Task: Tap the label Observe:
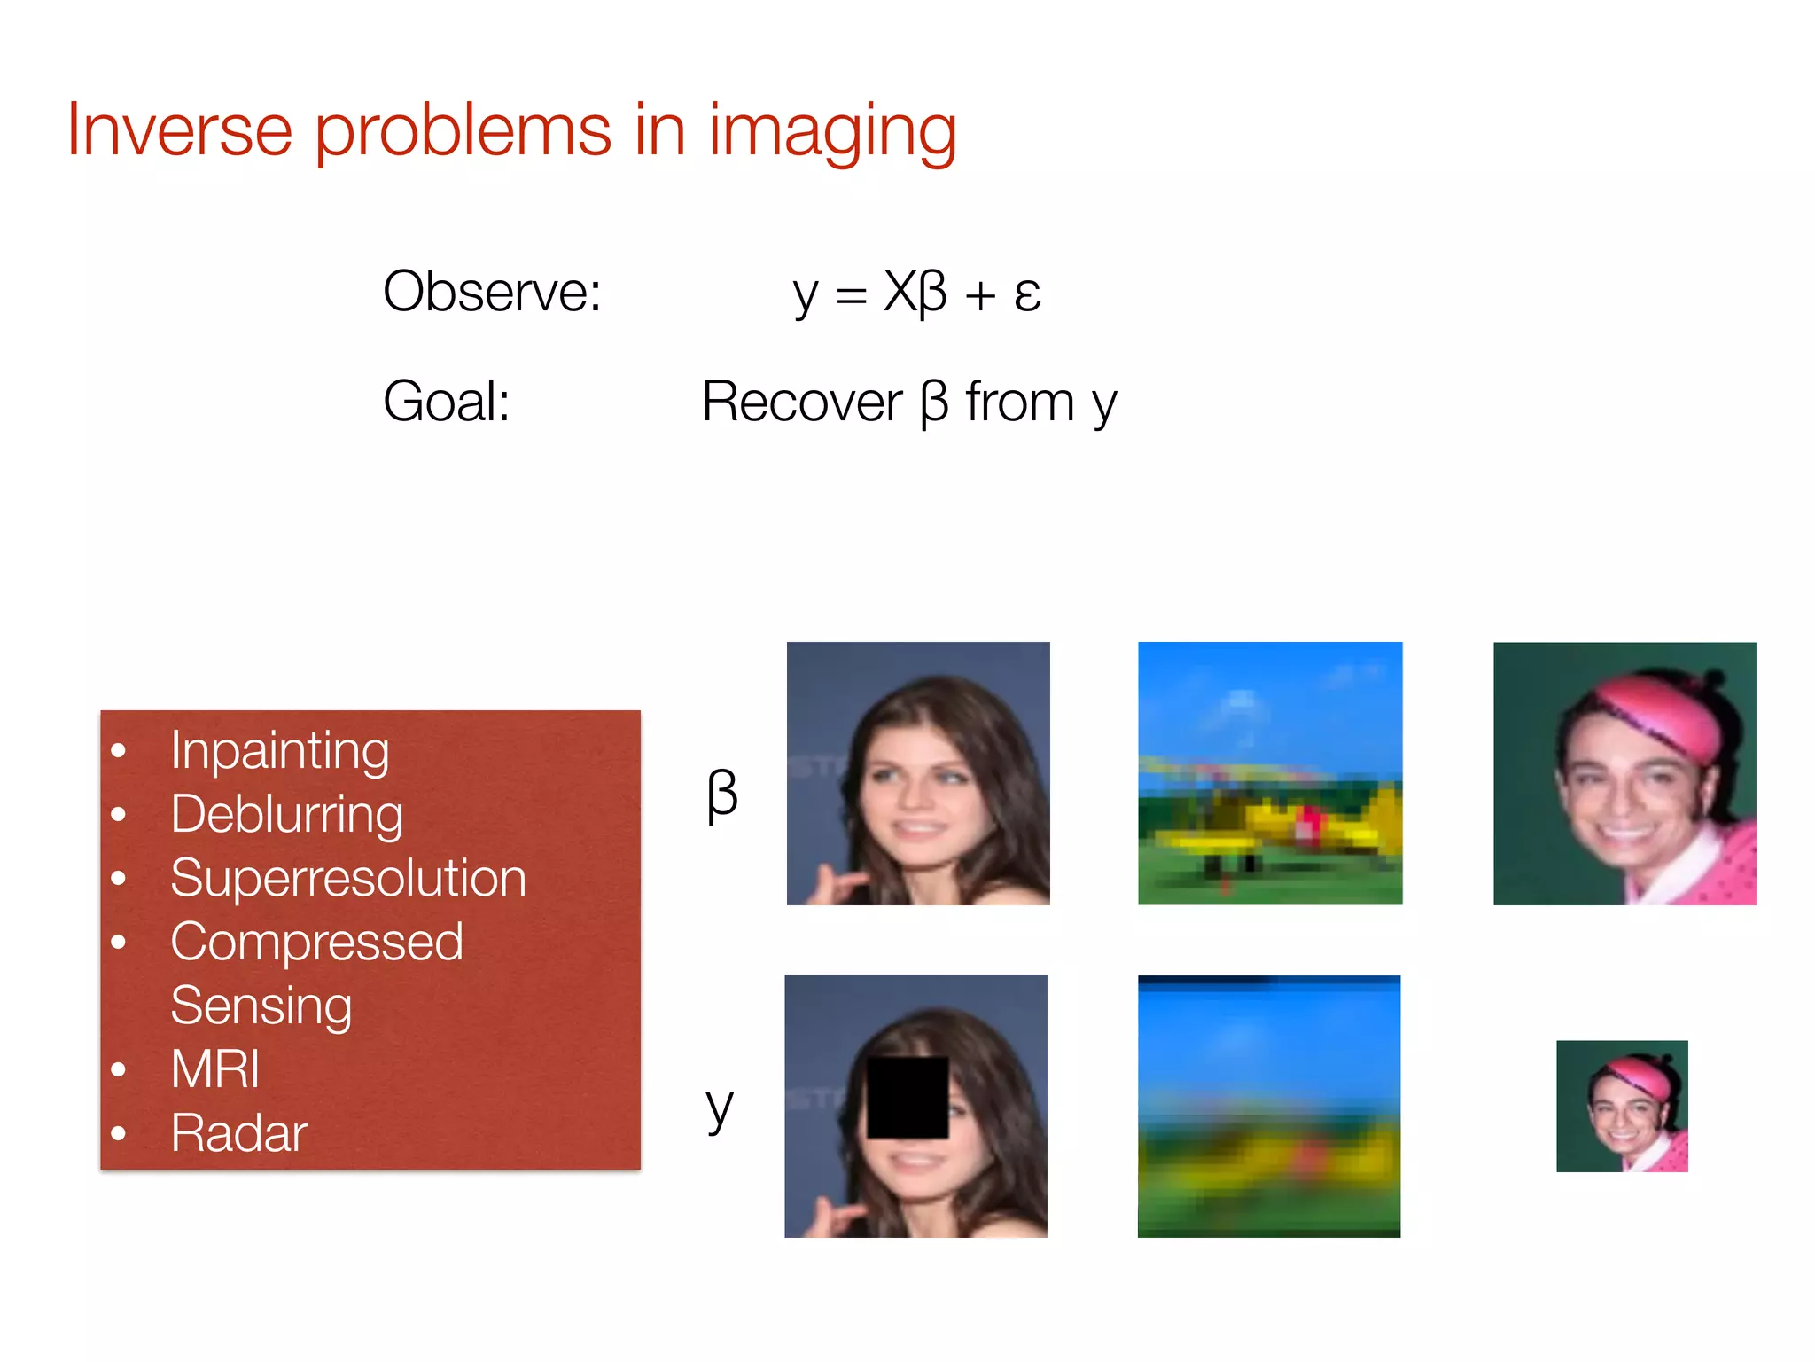click(x=492, y=292)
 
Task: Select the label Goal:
click(x=446, y=402)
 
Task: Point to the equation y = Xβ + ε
click(x=916, y=293)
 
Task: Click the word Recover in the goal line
click(x=801, y=402)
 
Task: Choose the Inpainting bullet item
click(x=279, y=751)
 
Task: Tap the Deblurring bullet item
click(x=286, y=815)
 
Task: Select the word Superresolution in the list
click(x=348, y=879)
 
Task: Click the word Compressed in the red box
click(x=316, y=942)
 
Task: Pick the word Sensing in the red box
click(x=261, y=1006)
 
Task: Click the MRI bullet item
click(x=215, y=1069)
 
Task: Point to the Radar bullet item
click(x=239, y=1133)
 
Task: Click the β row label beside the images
click(x=721, y=794)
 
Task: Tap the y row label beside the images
click(x=720, y=1108)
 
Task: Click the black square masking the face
click(x=907, y=1098)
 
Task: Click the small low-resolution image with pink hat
click(x=1622, y=1106)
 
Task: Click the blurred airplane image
click(x=1269, y=1106)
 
